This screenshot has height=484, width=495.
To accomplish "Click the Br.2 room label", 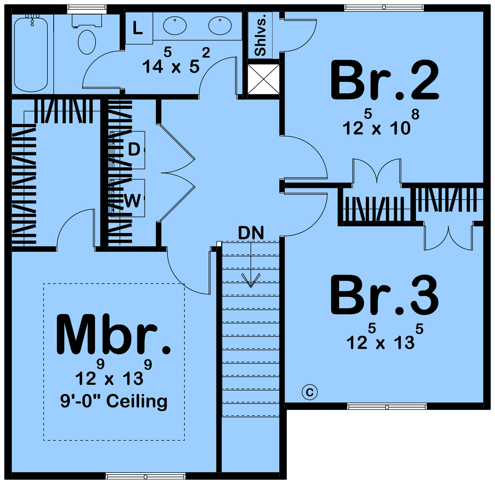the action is point(384,80).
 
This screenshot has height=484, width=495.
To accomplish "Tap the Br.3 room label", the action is point(384,296).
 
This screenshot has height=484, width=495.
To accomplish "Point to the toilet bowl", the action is point(87,42).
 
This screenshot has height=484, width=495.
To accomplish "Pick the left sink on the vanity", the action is point(175,26).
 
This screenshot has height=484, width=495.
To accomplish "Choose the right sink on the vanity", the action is point(220,26).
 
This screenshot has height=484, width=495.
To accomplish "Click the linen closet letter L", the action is point(138,28).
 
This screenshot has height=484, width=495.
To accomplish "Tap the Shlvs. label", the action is point(260,35).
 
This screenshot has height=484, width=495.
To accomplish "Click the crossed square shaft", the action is point(264,79).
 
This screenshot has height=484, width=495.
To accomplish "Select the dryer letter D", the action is point(134,149).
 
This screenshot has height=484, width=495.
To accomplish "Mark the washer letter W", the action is point(132,201).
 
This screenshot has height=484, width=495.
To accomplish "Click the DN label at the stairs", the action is point(251,233).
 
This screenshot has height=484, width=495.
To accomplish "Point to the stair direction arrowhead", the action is point(251,281).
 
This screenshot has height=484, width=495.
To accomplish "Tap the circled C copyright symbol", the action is point(309,392).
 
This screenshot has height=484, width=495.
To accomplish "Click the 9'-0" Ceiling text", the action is point(114,402).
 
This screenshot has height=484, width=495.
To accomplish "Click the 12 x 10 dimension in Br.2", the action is point(381,122).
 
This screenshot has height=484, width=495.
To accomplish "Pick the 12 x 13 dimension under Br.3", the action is point(385,336).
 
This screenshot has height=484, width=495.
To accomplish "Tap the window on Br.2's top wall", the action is point(384,8).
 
